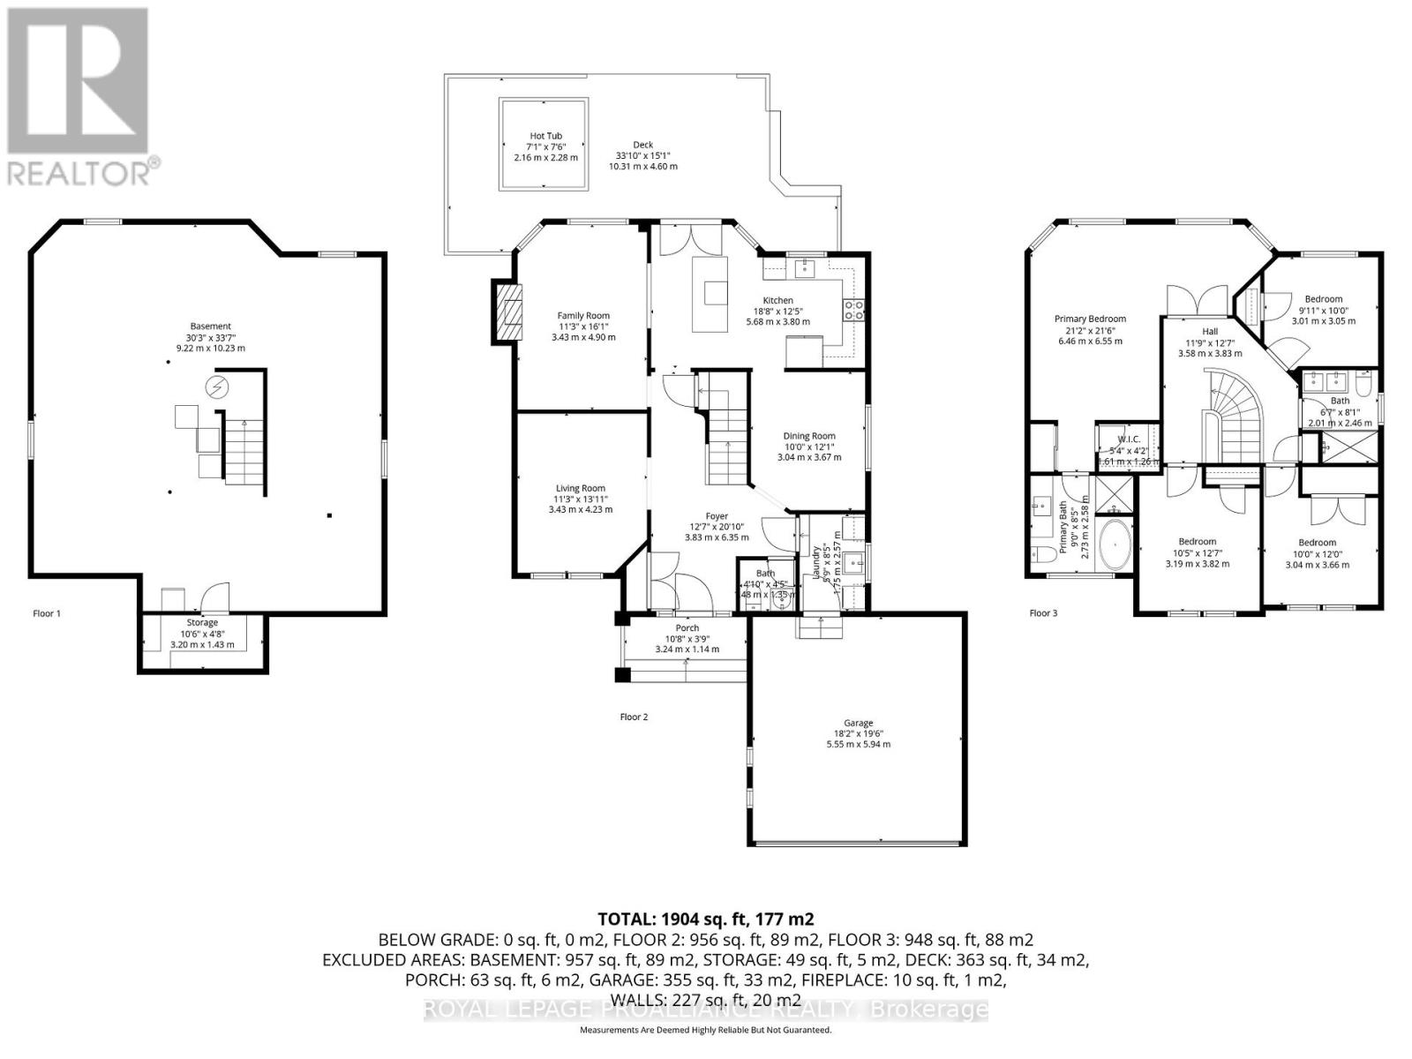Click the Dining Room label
tap(808, 436)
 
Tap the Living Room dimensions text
tap(580, 504)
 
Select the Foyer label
tap(716, 516)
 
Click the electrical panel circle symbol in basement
tap(216, 387)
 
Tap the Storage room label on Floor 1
tap(202, 623)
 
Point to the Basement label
tap(210, 327)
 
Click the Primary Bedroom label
tap(1090, 319)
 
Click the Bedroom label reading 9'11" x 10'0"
tap(1323, 299)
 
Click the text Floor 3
tap(1043, 612)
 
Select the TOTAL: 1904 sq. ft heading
tap(705, 919)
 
